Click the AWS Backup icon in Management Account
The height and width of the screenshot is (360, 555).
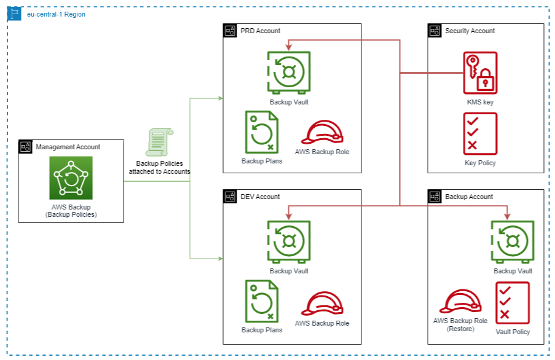tap(71, 178)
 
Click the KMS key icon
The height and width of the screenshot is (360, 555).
tap(479, 73)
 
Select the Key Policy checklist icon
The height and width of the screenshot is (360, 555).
tap(480, 134)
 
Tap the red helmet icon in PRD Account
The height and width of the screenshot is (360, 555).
tap(321, 131)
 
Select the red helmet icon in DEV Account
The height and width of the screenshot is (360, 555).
tap(321, 303)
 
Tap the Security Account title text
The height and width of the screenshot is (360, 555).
tap(470, 31)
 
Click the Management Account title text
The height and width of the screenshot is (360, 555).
tap(68, 147)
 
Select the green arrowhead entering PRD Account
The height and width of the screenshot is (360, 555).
tap(219, 98)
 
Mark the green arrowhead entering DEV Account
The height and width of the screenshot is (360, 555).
tap(219, 257)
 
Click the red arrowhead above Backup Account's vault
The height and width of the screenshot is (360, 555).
tap(507, 216)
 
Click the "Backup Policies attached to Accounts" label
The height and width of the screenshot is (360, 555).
tap(159, 168)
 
